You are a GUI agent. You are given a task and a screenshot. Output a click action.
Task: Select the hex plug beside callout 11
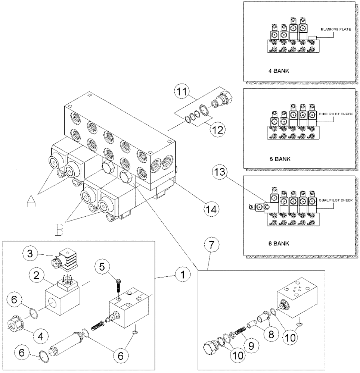pyautogui.click(x=224, y=99)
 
